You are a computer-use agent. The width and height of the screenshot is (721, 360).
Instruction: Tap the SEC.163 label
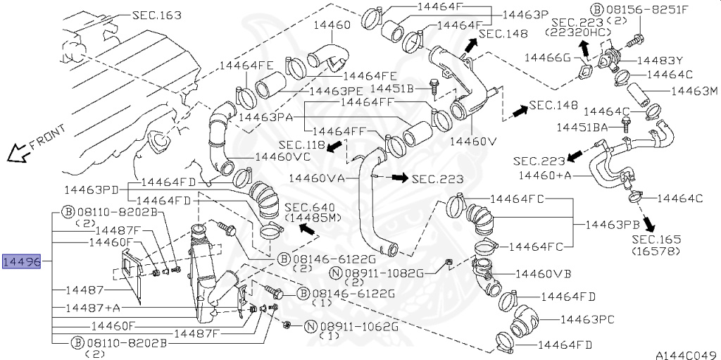point(156,15)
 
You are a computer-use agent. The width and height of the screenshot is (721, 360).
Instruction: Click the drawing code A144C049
point(686,354)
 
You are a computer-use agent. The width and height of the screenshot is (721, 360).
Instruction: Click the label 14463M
point(694,91)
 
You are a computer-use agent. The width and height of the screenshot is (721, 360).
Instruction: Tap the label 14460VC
point(282,156)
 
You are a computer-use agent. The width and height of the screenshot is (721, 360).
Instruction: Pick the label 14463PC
point(588,319)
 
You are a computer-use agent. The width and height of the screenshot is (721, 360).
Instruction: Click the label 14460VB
point(543,273)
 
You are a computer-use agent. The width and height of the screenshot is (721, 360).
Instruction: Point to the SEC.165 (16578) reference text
point(656,245)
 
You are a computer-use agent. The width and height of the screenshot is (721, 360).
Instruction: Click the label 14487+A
point(93,308)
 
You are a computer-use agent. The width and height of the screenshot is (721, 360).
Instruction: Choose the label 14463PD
point(92,189)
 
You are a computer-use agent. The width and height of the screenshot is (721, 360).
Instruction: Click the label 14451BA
point(581,128)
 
